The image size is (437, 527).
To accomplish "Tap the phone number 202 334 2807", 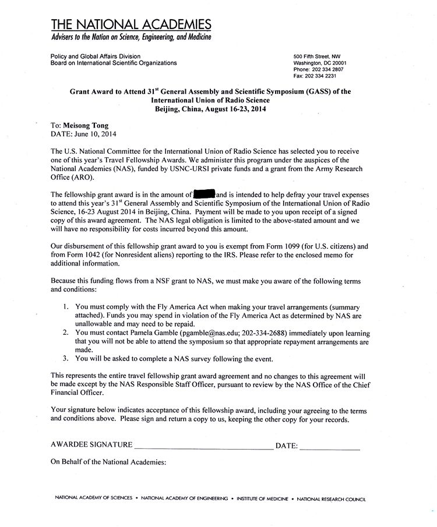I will [325, 69].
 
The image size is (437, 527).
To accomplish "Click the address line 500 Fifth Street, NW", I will [317, 56].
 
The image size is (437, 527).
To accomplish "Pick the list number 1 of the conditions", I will [66, 306].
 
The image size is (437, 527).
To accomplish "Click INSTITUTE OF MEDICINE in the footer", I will [263, 499].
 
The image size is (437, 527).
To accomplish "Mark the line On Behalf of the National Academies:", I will [108, 462].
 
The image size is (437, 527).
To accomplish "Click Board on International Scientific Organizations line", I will [114, 63].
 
